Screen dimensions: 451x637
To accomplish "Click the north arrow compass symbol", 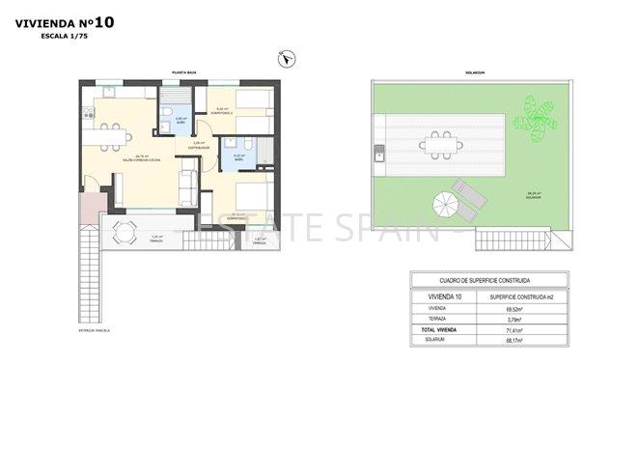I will tap(286, 60).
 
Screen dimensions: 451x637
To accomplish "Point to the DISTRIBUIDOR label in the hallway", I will tap(199, 147).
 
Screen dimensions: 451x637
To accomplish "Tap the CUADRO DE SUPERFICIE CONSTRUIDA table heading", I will tap(466, 282).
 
